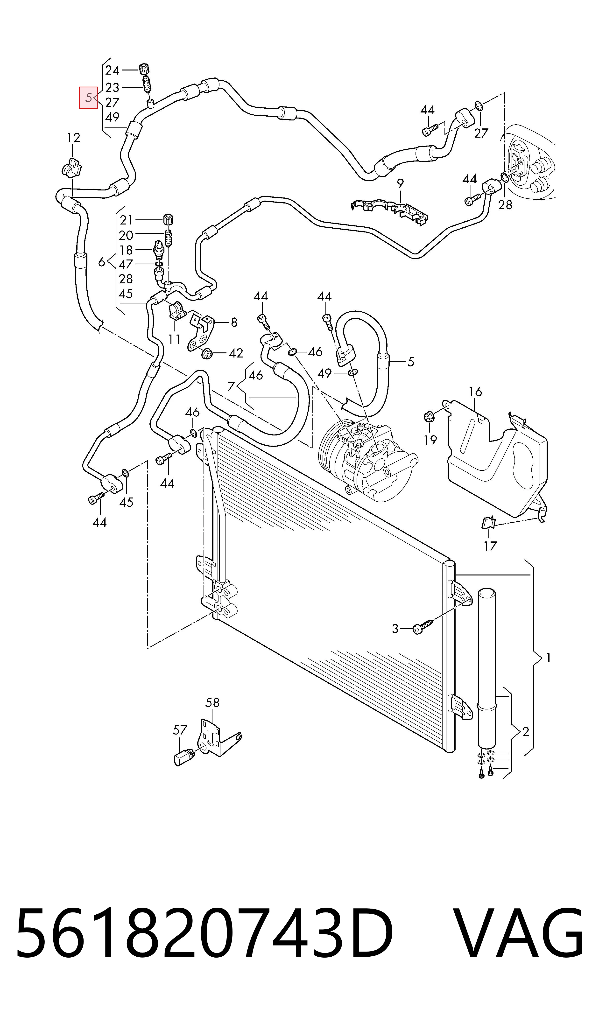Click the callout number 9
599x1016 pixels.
[x=400, y=184]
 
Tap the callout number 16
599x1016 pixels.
[x=475, y=391]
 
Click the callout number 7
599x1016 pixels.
[x=231, y=386]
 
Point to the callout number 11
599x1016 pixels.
[x=174, y=339]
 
